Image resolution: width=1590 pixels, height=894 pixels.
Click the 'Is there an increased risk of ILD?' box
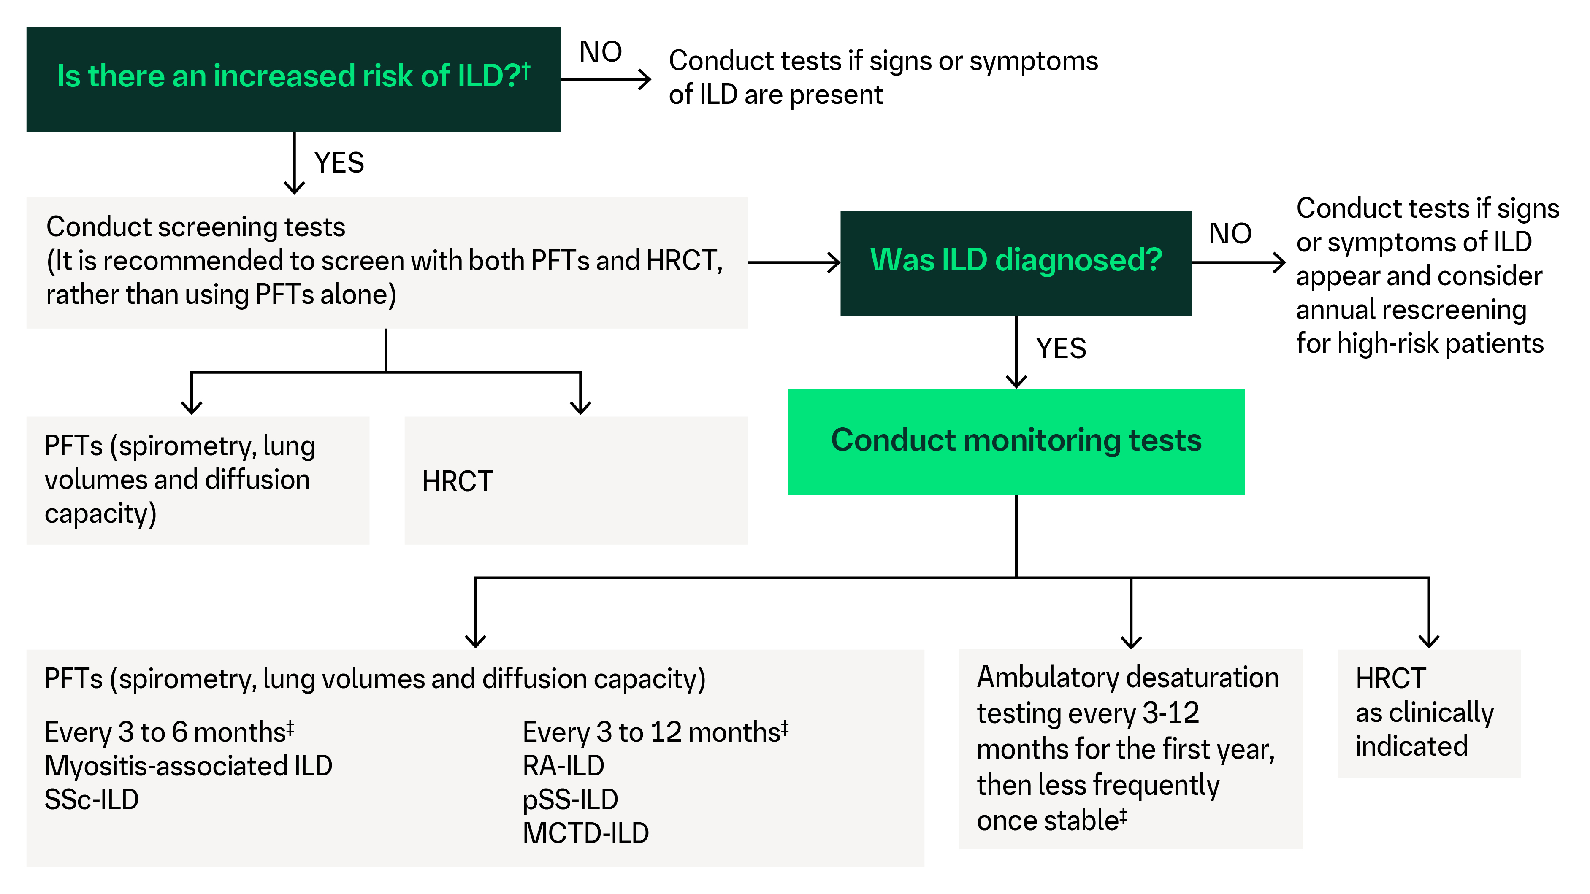(x=293, y=78)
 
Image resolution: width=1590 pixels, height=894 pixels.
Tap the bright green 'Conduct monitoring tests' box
(x=1016, y=441)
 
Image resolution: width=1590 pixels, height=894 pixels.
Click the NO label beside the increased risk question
(x=600, y=52)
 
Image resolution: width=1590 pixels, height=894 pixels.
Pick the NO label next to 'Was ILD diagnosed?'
(x=1230, y=234)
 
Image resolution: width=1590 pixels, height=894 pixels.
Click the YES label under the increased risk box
(x=339, y=163)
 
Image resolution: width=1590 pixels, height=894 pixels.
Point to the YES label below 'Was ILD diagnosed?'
(x=1060, y=348)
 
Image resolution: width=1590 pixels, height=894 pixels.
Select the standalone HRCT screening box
(x=575, y=480)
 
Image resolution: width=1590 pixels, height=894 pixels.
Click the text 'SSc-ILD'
(x=91, y=799)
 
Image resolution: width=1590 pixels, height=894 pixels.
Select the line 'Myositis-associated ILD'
(x=188, y=766)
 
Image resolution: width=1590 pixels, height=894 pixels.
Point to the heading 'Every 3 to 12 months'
(x=654, y=732)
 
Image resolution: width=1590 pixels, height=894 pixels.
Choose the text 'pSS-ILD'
(x=570, y=799)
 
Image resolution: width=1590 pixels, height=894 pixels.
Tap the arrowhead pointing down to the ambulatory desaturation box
(x=1131, y=640)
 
